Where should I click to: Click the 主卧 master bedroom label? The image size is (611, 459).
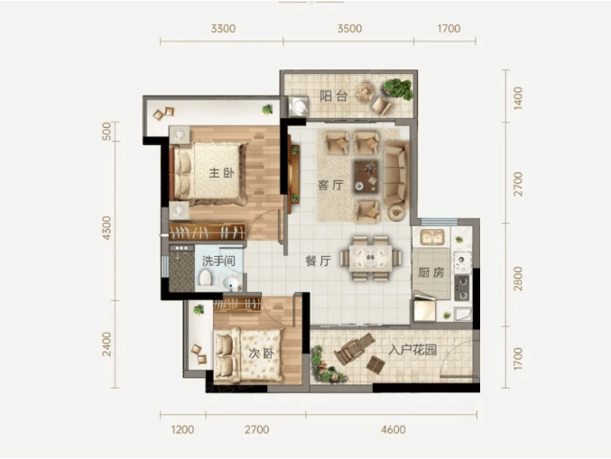click(x=221, y=172)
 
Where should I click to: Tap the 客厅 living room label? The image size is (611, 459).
click(x=330, y=185)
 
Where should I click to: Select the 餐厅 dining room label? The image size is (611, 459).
click(x=319, y=261)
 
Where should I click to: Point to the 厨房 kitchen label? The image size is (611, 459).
click(x=431, y=273)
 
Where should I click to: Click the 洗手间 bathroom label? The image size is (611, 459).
click(x=218, y=261)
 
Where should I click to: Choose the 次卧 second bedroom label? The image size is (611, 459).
click(x=262, y=353)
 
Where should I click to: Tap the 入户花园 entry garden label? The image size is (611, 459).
click(x=412, y=350)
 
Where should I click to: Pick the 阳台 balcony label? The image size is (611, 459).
click(x=334, y=96)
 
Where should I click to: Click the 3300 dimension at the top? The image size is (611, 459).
click(x=223, y=29)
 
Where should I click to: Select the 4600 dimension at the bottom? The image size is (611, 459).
click(x=393, y=430)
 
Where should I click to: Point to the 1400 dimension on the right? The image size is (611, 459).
click(x=517, y=98)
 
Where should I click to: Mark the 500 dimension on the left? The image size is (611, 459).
click(x=106, y=131)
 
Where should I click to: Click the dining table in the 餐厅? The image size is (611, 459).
click(x=371, y=258)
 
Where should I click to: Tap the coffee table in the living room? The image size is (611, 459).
click(x=366, y=176)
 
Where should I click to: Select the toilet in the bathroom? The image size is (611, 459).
click(x=205, y=279)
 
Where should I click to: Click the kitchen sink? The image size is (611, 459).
click(x=431, y=237)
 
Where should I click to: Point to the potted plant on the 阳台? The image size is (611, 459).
click(x=397, y=88)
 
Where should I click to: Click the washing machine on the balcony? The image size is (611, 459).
click(x=299, y=106)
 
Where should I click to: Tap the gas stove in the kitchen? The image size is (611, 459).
click(x=462, y=288)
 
